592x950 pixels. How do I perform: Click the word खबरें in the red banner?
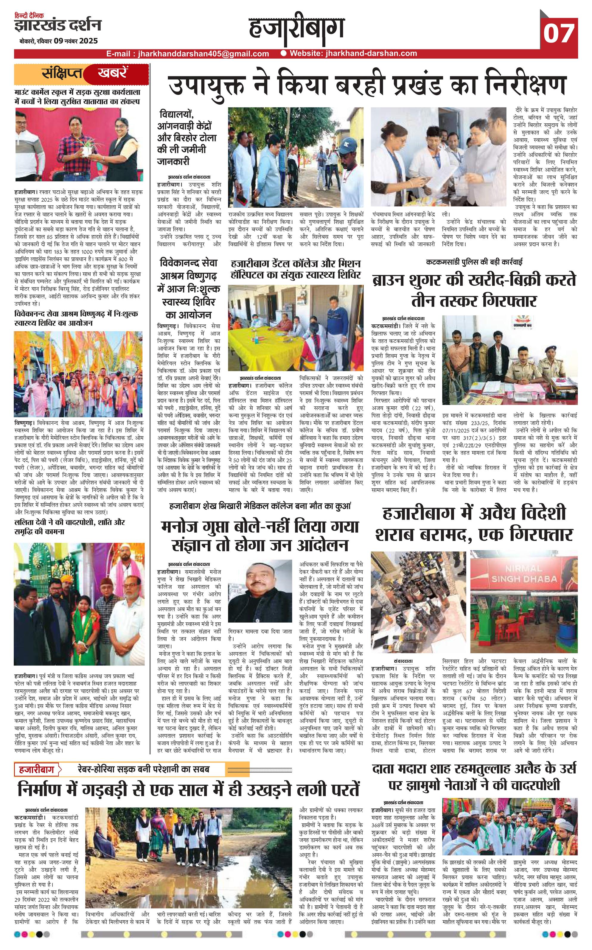[x=112, y=73]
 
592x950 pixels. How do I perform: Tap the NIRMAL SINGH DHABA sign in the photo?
[x=524, y=573]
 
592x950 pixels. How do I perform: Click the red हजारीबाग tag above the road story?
[x=38, y=769]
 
